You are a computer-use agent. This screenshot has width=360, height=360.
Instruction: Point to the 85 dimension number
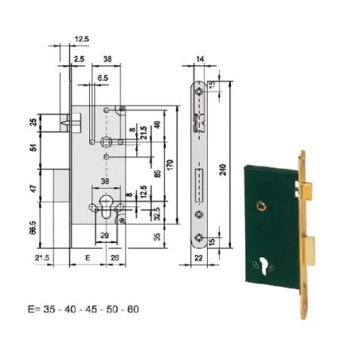click(159, 192)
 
